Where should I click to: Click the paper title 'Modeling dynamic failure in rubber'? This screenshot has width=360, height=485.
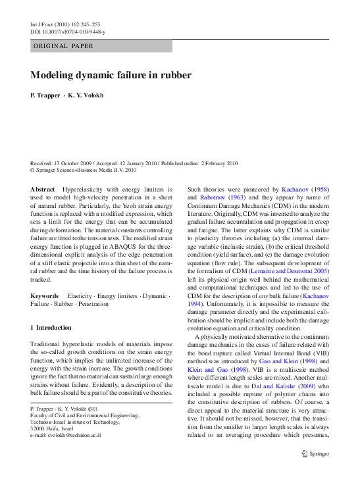point(111,75)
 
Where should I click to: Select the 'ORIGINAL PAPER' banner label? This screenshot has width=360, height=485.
point(63,46)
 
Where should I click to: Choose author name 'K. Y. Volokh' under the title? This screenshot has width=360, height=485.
point(86,95)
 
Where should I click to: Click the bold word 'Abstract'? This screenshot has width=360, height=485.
point(43,189)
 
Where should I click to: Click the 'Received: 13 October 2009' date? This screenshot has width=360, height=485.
point(64,163)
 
